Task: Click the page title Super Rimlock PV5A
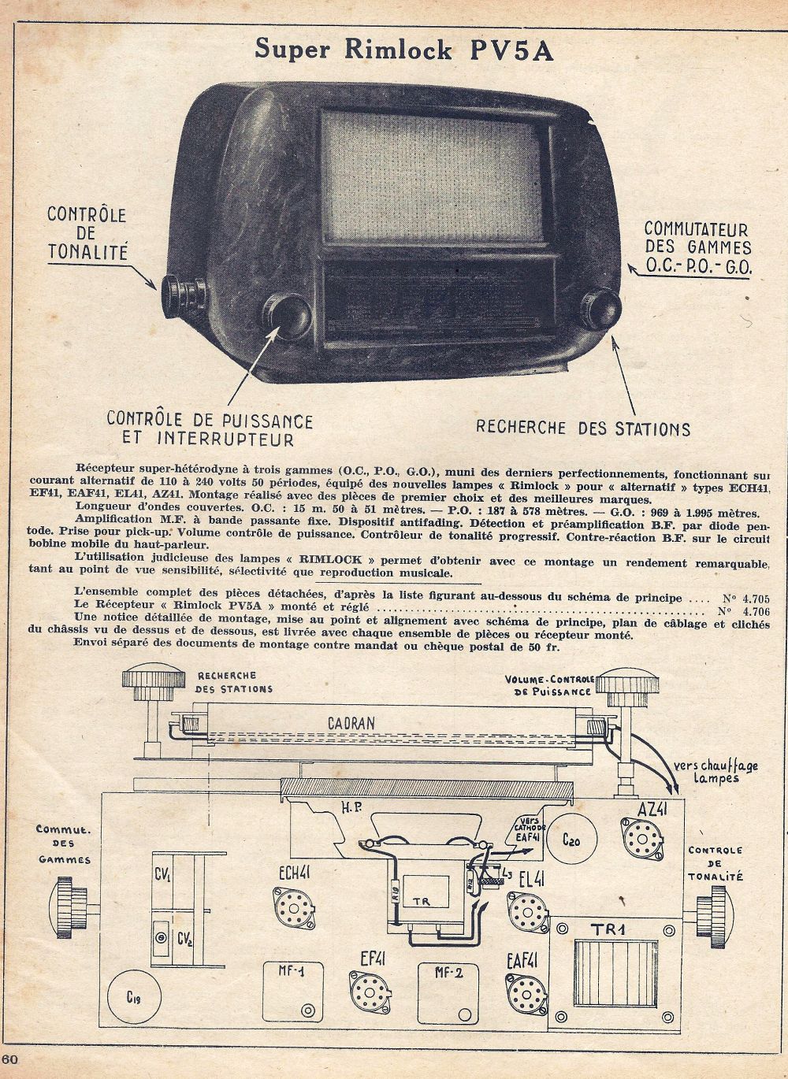click(404, 49)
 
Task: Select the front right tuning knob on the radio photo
click(600, 309)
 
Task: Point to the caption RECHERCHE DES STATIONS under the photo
click(583, 428)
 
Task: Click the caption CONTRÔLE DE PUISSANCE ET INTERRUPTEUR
click(210, 430)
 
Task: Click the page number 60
click(10, 1059)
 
